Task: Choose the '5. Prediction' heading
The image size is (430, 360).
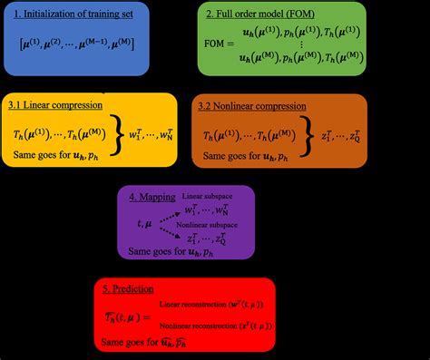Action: pos(131,290)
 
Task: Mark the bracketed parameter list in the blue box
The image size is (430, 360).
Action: pos(78,43)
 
